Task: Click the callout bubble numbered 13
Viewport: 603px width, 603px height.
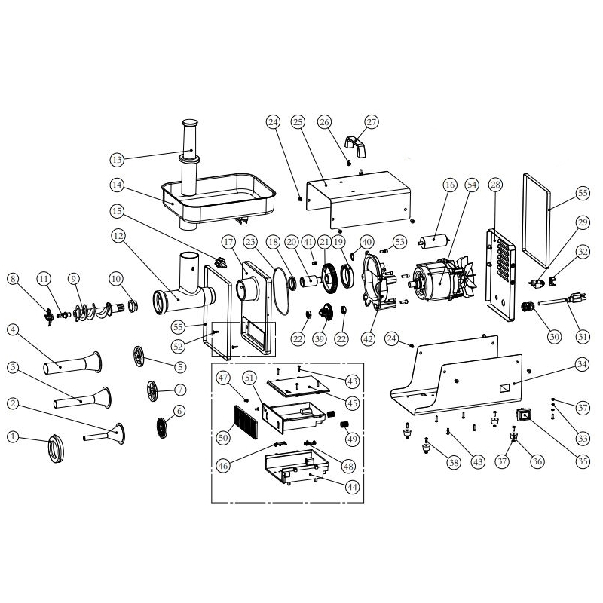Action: pyautogui.click(x=117, y=159)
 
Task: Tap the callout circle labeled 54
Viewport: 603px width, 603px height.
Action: pyautogui.click(x=473, y=185)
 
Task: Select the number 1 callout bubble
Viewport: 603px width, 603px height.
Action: pyautogui.click(x=13, y=436)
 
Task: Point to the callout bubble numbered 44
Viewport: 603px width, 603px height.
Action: pyautogui.click(x=353, y=488)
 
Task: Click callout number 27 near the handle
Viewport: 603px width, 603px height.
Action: pyautogui.click(x=371, y=122)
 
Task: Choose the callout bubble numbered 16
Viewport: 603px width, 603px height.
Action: pyautogui.click(x=450, y=185)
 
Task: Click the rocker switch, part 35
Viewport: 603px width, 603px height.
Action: pyautogui.click(x=522, y=414)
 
